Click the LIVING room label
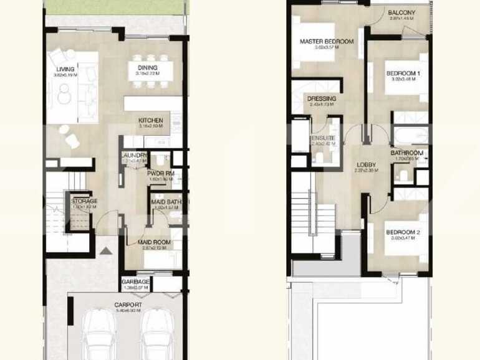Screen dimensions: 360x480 point(65,69)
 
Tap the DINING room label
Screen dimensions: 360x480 point(147,68)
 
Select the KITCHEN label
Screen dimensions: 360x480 point(150,120)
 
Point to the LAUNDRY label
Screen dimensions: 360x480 point(135,156)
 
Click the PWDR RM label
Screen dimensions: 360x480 point(160,173)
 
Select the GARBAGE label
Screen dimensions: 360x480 point(135,282)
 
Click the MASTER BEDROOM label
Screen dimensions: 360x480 point(326,42)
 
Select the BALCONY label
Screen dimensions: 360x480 point(401,12)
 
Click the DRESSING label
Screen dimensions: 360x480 point(322,98)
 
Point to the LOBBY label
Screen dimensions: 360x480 point(365,165)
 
